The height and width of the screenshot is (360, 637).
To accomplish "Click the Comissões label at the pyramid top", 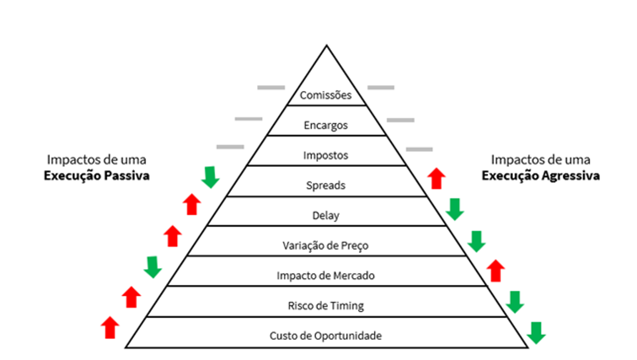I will tap(326, 96).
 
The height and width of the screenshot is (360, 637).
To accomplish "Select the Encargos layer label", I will tap(326, 126).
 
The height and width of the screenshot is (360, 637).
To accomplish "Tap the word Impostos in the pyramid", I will tap(326, 156).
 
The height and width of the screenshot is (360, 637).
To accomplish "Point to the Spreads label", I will tap(326, 186).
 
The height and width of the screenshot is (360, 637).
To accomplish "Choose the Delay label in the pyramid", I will tap(326, 216).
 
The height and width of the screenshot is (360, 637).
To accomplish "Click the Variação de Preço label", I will tap(326, 246).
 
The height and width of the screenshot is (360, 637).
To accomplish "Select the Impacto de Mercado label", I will tap(326, 276).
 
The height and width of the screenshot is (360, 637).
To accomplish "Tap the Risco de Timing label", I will tap(326, 306).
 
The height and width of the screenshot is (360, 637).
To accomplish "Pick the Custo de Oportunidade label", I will tap(326, 336).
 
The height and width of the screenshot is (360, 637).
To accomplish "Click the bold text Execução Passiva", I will tap(97, 176).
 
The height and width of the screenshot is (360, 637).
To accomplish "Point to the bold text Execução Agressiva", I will tap(541, 176).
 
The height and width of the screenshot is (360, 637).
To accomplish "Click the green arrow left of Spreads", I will tap(211, 177).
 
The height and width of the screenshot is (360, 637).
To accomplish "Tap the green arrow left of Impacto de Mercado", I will tap(153, 267).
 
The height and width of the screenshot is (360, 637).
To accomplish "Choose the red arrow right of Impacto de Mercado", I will tap(496, 270).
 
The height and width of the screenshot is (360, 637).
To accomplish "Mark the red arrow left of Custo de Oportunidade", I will tap(110, 327).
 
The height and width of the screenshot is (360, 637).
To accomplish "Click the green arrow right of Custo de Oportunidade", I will tap(536, 332).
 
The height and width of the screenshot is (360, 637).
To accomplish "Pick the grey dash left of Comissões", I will tap(271, 87).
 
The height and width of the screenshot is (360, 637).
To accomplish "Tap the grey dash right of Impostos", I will tap(419, 149).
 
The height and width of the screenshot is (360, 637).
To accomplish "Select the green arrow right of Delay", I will tap(455, 209).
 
